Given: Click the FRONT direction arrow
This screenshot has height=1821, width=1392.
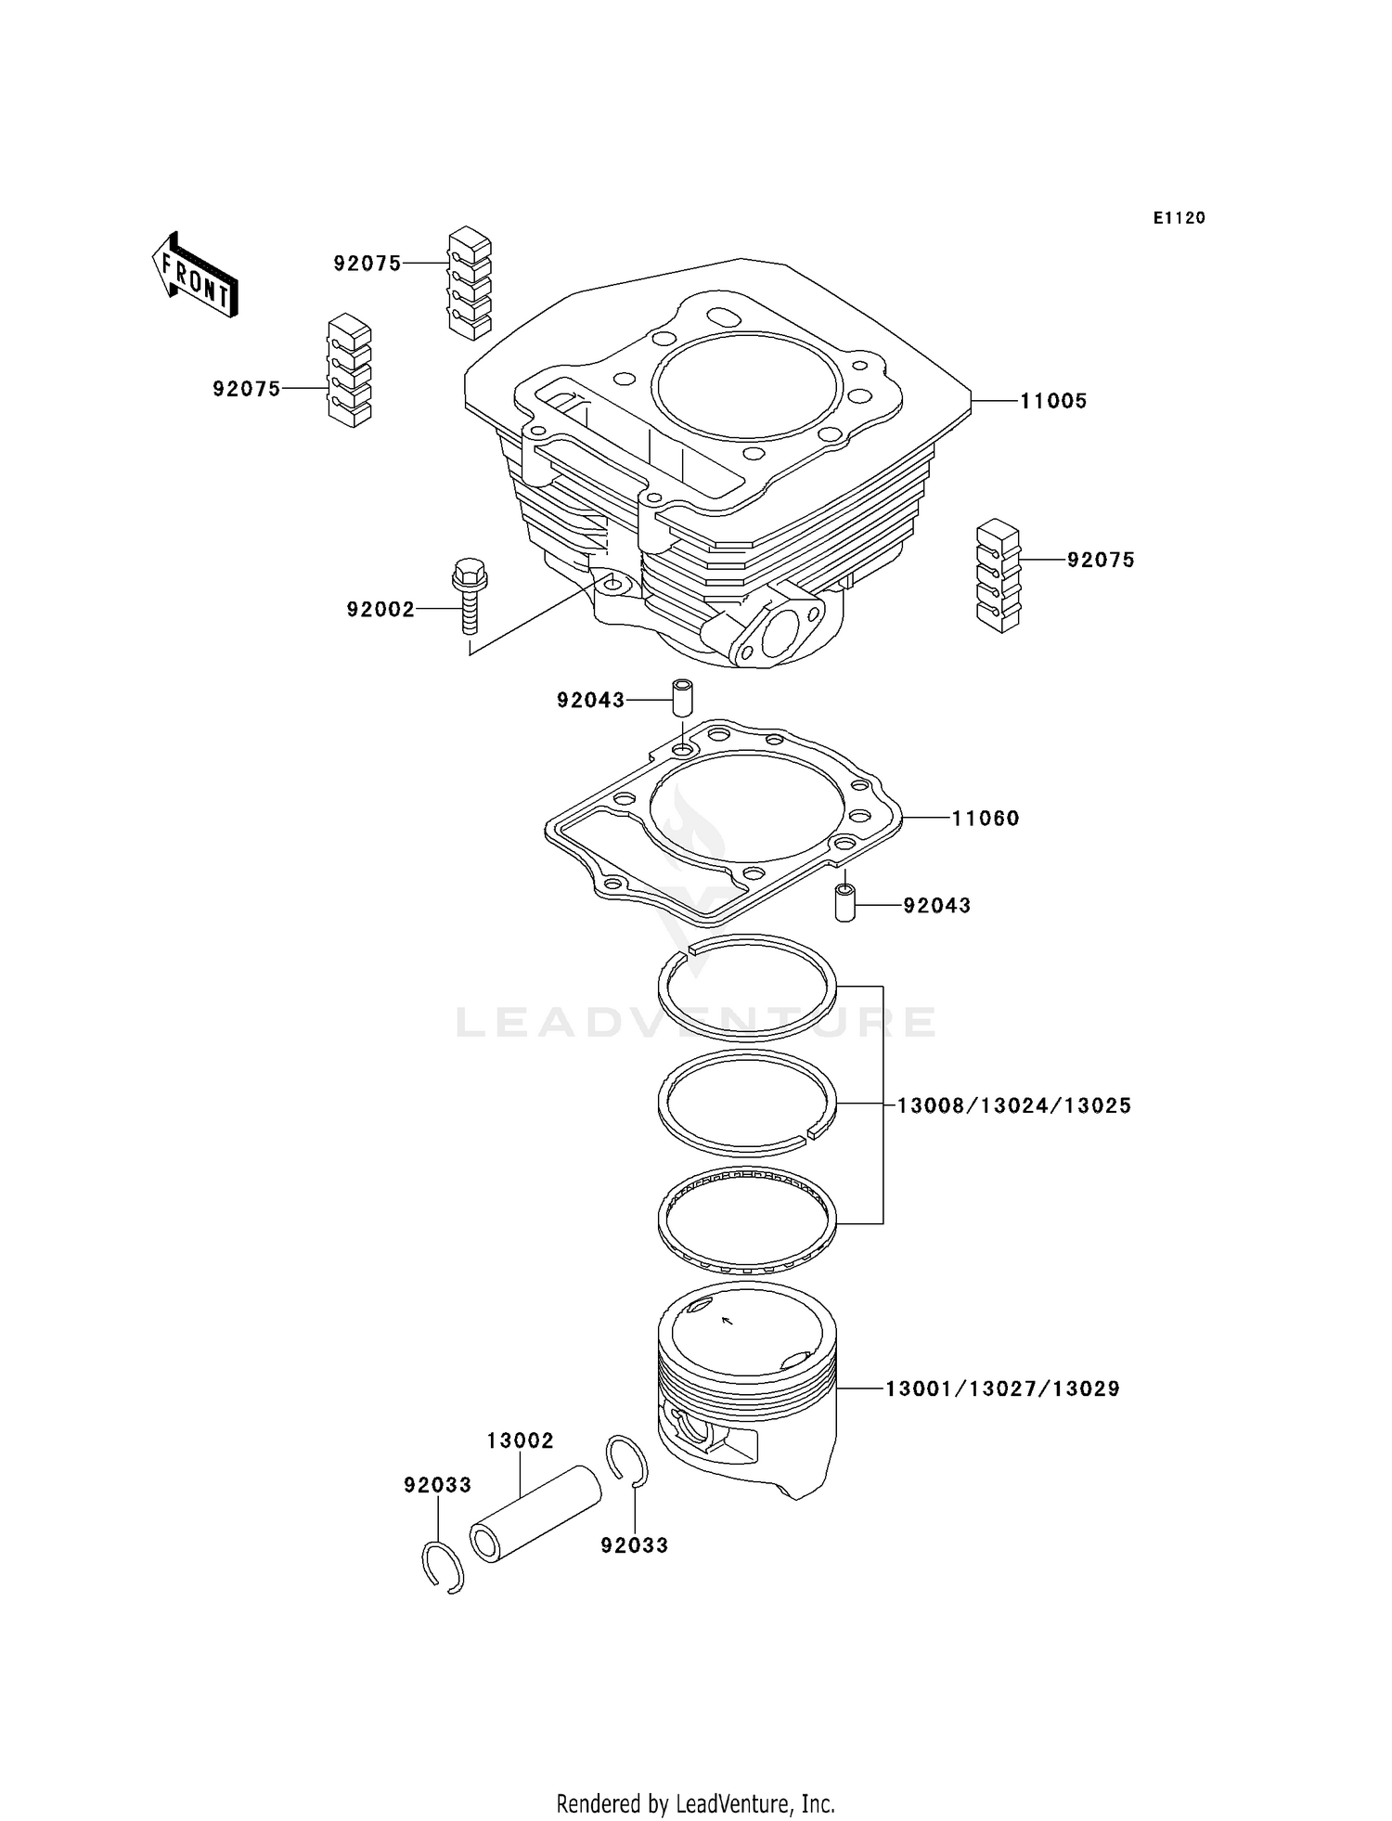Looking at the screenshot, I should [x=195, y=276].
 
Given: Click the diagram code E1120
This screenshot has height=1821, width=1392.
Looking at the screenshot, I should [x=1179, y=218].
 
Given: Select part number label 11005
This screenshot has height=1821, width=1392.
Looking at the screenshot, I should [x=1053, y=401].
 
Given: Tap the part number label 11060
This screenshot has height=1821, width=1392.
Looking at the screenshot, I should [x=986, y=818].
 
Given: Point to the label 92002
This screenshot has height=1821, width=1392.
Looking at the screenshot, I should [x=380, y=610].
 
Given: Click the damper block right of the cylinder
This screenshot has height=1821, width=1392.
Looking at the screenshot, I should [x=998, y=576].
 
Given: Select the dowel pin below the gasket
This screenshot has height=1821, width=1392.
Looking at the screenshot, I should [x=844, y=903].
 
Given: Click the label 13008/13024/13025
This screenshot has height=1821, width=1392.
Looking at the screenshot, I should [x=1013, y=1105].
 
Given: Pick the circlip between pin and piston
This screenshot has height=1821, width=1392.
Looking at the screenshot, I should [x=627, y=1462].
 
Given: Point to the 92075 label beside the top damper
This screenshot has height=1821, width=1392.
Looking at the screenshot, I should [x=367, y=264].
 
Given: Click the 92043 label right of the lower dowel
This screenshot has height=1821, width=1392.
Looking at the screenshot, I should [x=936, y=905].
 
